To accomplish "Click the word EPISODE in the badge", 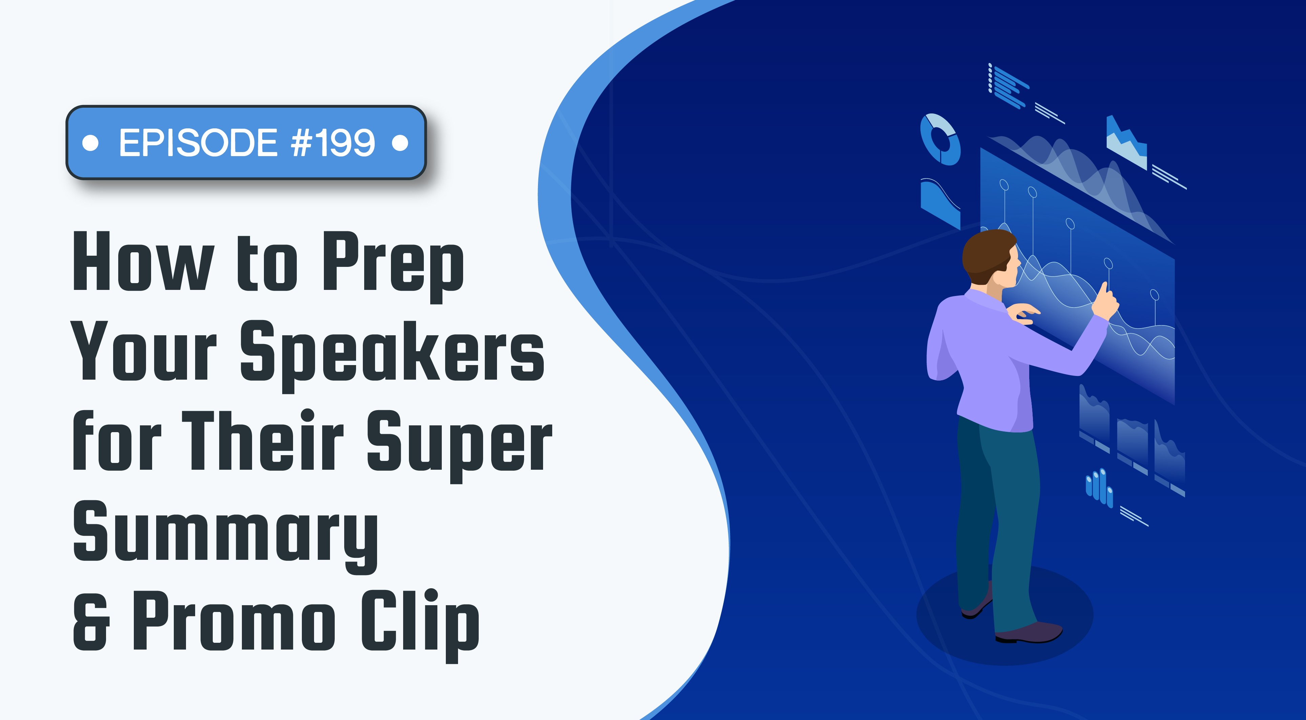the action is click(x=198, y=143).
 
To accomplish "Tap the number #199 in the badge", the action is click(x=333, y=143).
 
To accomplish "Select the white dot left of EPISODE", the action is click(x=90, y=143).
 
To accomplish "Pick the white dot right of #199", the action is click(x=400, y=143).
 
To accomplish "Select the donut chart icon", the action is click(x=940, y=139).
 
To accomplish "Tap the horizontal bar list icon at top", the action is click(x=1008, y=86).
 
